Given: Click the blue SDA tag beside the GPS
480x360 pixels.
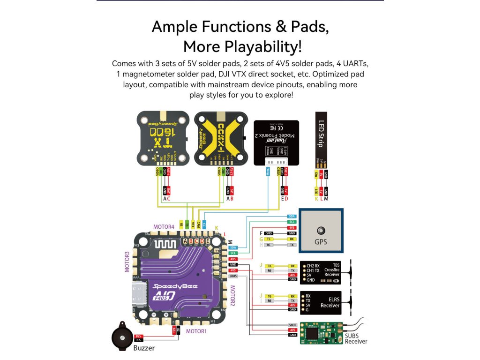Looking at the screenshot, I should pos(292,216).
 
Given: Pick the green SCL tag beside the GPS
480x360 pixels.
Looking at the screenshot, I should pos(292,222).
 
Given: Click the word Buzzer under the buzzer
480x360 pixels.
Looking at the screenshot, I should pos(144,348).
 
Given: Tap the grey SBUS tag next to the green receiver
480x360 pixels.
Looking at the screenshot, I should pos(292,325).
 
